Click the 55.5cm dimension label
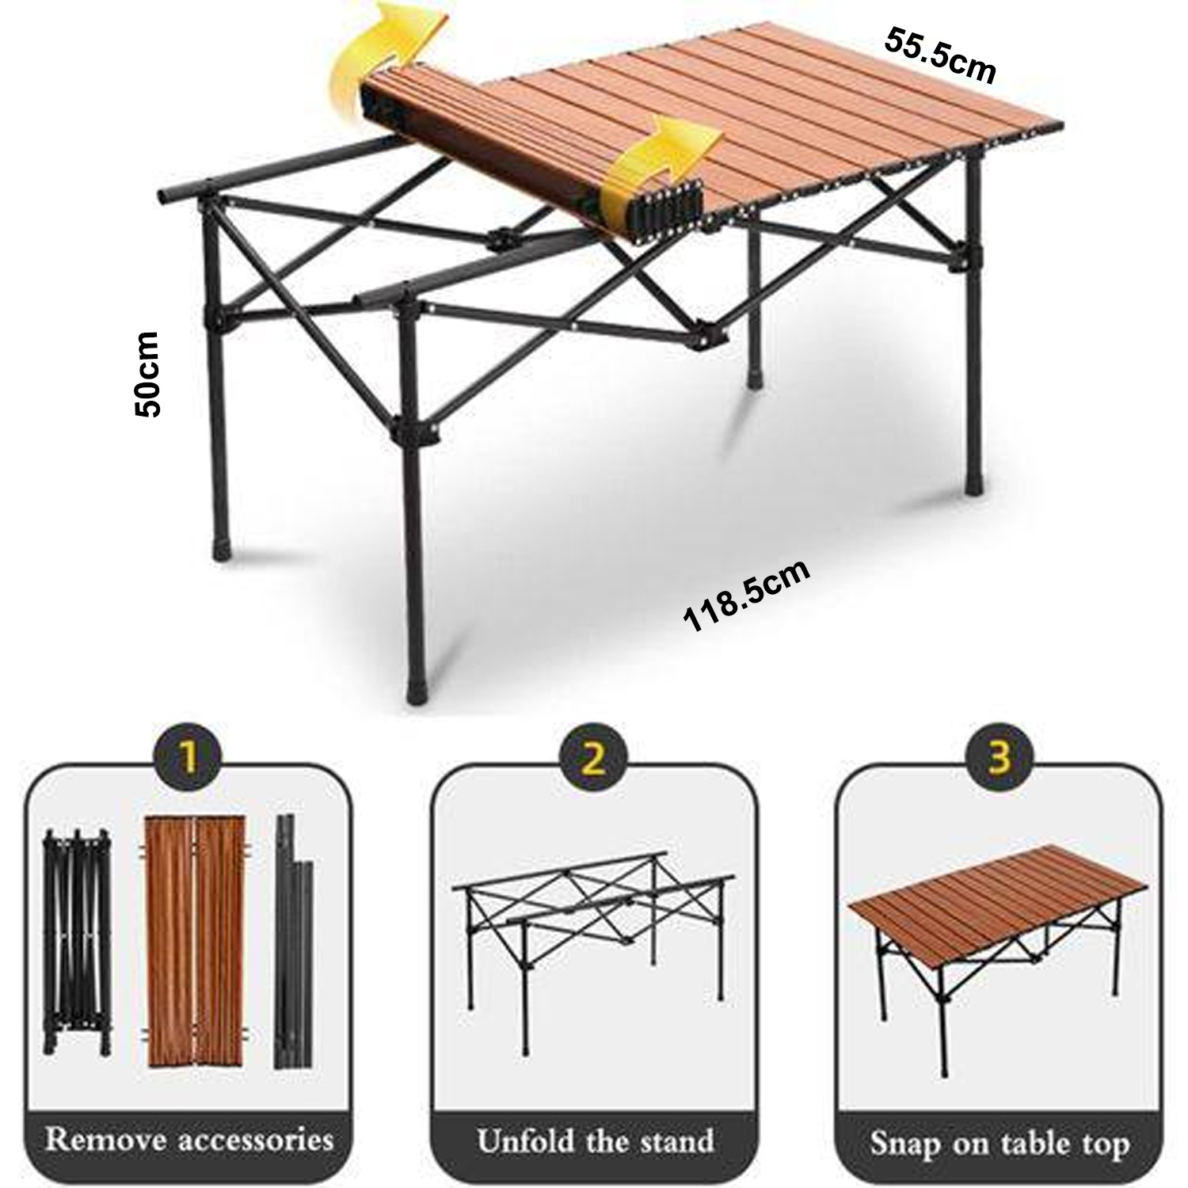click(939, 55)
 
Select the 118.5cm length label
click(747, 596)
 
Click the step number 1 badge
click(188, 759)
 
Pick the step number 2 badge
click(593, 759)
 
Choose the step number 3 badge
click(1000, 759)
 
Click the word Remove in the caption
click(106, 1140)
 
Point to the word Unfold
click(524, 1141)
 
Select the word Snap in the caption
click(901, 1144)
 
